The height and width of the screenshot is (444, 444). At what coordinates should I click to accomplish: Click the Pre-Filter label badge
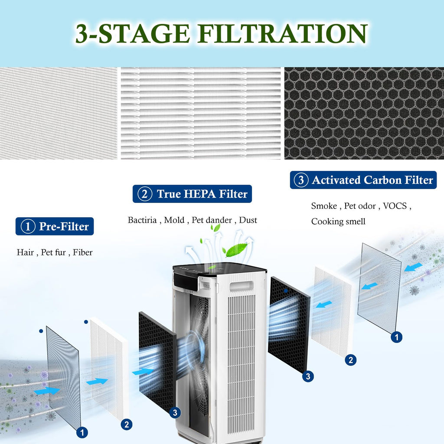pos(55,226)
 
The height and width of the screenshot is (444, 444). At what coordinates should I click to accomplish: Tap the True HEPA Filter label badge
pos(192,194)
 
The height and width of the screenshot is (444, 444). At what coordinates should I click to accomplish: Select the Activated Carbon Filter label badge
pos(363,180)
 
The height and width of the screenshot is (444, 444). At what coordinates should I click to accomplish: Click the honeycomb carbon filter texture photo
pos(364,113)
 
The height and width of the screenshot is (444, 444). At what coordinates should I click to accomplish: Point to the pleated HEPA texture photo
pos(201,113)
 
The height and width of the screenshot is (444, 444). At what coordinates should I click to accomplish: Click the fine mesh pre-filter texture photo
pos(59,113)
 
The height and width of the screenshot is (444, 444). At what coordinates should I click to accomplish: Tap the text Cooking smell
pos(338,222)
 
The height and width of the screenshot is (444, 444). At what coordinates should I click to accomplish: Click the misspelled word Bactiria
pos(143,220)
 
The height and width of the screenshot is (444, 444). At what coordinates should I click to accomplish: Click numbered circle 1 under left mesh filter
pos(82,432)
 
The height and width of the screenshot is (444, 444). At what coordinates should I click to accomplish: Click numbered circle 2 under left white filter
pos(126,424)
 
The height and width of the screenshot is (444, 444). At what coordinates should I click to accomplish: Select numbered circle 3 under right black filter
pos(308,376)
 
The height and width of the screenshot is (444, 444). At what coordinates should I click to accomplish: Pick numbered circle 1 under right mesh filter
pos(396,337)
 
